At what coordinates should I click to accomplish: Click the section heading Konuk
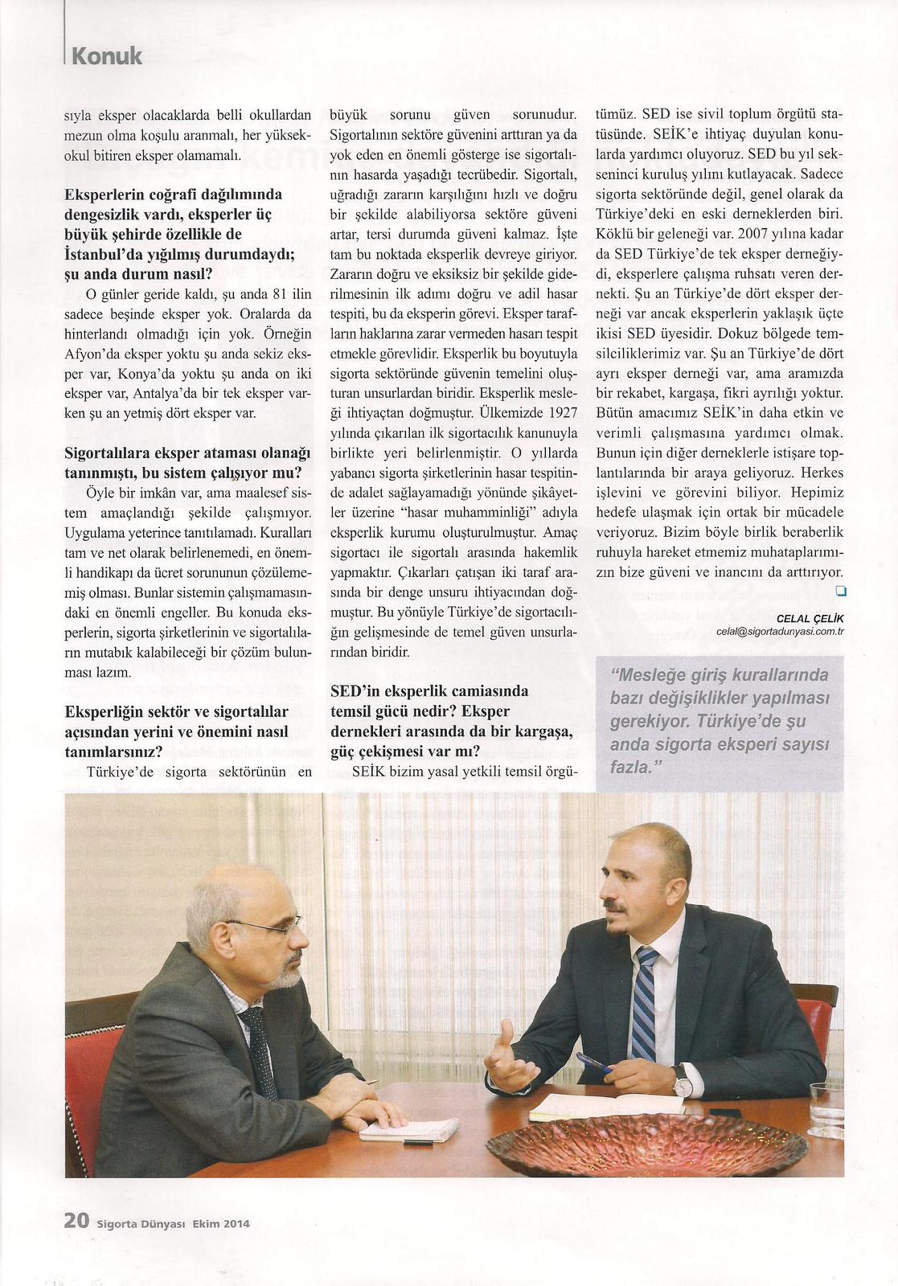106,56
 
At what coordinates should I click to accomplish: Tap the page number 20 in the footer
76,1221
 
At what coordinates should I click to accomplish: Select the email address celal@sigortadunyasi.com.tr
780,632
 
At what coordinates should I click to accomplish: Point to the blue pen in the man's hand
593,1064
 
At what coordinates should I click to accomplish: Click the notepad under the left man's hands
397,1130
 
